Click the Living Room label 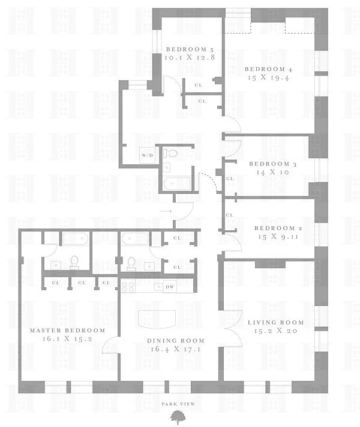click(x=275, y=322)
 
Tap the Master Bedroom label click(x=67, y=330)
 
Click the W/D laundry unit click(x=147, y=155)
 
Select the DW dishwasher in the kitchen click(x=170, y=287)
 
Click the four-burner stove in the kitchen click(x=128, y=286)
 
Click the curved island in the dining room click(x=159, y=318)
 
